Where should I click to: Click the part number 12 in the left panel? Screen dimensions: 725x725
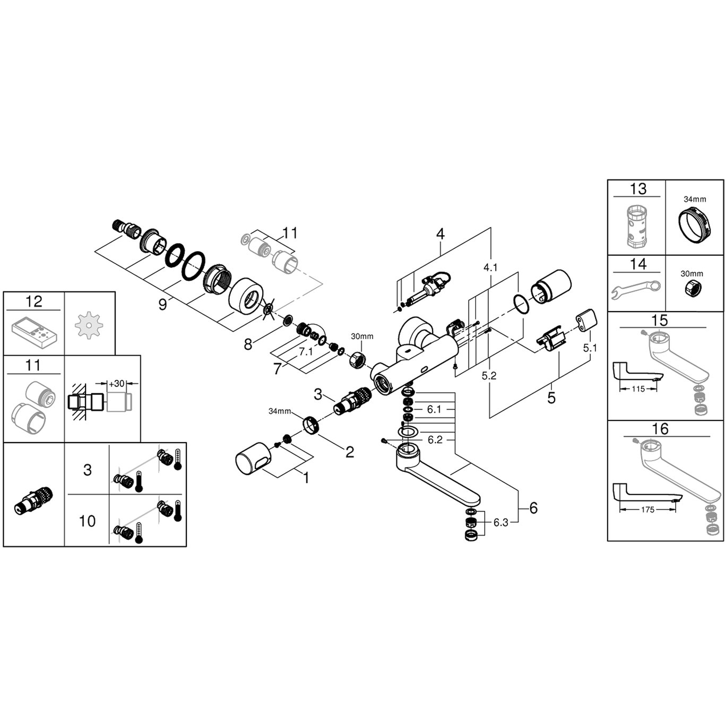pyautogui.click(x=33, y=301)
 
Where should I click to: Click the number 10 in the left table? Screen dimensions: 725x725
pyautogui.click(x=87, y=521)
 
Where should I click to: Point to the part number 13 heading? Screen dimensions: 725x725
pyautogui.click(x=638, y=188)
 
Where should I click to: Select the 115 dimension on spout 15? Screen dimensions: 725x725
pyautogui.click(x=638, y=389)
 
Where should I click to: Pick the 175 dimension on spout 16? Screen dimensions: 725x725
pyautogui.click(x=647, y=510)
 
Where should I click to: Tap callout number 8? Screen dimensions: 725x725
pyautogui.click(x=248, y=344)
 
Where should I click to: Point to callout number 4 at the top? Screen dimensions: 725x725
pyautogui.click(x=440, y=234)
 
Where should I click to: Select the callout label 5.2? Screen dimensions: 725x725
pyautogui.click(x=489, y=376)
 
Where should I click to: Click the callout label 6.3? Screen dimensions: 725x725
pyautogui.click(x=500, y=523)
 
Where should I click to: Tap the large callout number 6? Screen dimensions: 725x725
pyautogui.click(x=533, y=508)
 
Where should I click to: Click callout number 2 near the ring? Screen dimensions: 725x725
pyautogui.click(x=349, y=452)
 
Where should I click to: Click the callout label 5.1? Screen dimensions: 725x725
pyautogui.click(x=590, y=348)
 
